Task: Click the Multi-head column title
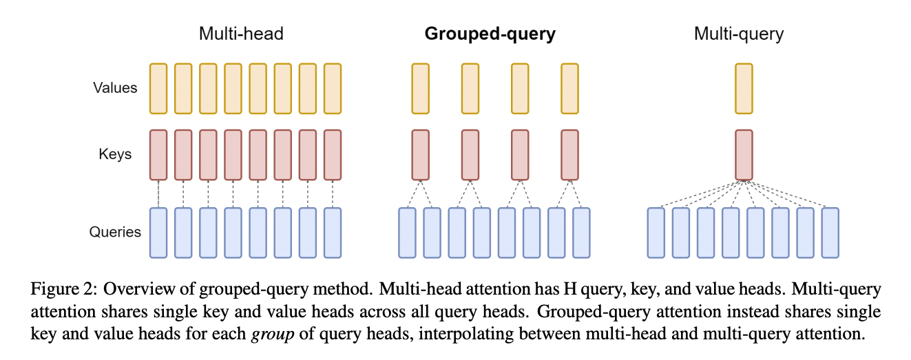pyautogui.click(x=241, y=34)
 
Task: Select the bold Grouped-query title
pyautogui.click(x=490, y=34)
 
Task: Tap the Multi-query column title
pyautogui.click(x=739, y=34)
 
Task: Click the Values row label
pyautogui.click(x=115, y=88)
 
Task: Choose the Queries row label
pyautogui.click(x=115, y=231)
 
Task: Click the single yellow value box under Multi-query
pyautogui.click(x=744, y=88)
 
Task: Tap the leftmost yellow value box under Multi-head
pyautogui.click(x=158, y=88)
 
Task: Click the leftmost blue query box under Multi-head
pyautogui.click(x=158, y=232)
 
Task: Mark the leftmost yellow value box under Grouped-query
pyautogui.click(x=420, y=88)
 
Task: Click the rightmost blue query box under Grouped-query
pyautogui.click(x=582, y=232)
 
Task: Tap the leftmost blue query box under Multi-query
pyautogui.click(x=656, y=232)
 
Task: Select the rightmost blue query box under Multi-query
pyautogui.click(x=830, y=232)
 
